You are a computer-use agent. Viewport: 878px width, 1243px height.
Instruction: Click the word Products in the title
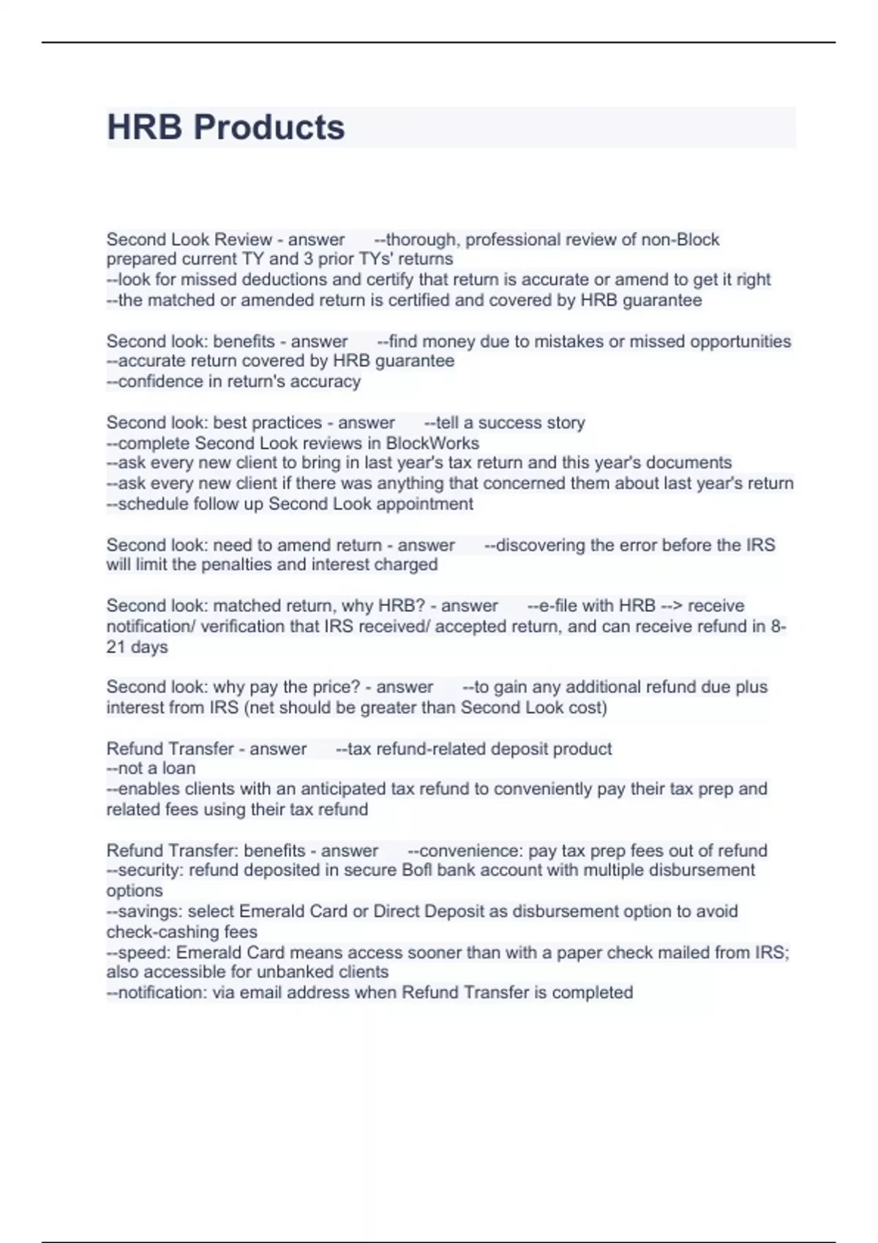coord(269,127)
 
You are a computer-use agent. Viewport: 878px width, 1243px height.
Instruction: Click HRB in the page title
coord(144,127)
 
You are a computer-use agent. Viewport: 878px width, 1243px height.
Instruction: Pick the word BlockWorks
coord(432,443)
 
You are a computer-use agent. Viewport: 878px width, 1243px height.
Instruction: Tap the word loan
coord(178,768)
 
